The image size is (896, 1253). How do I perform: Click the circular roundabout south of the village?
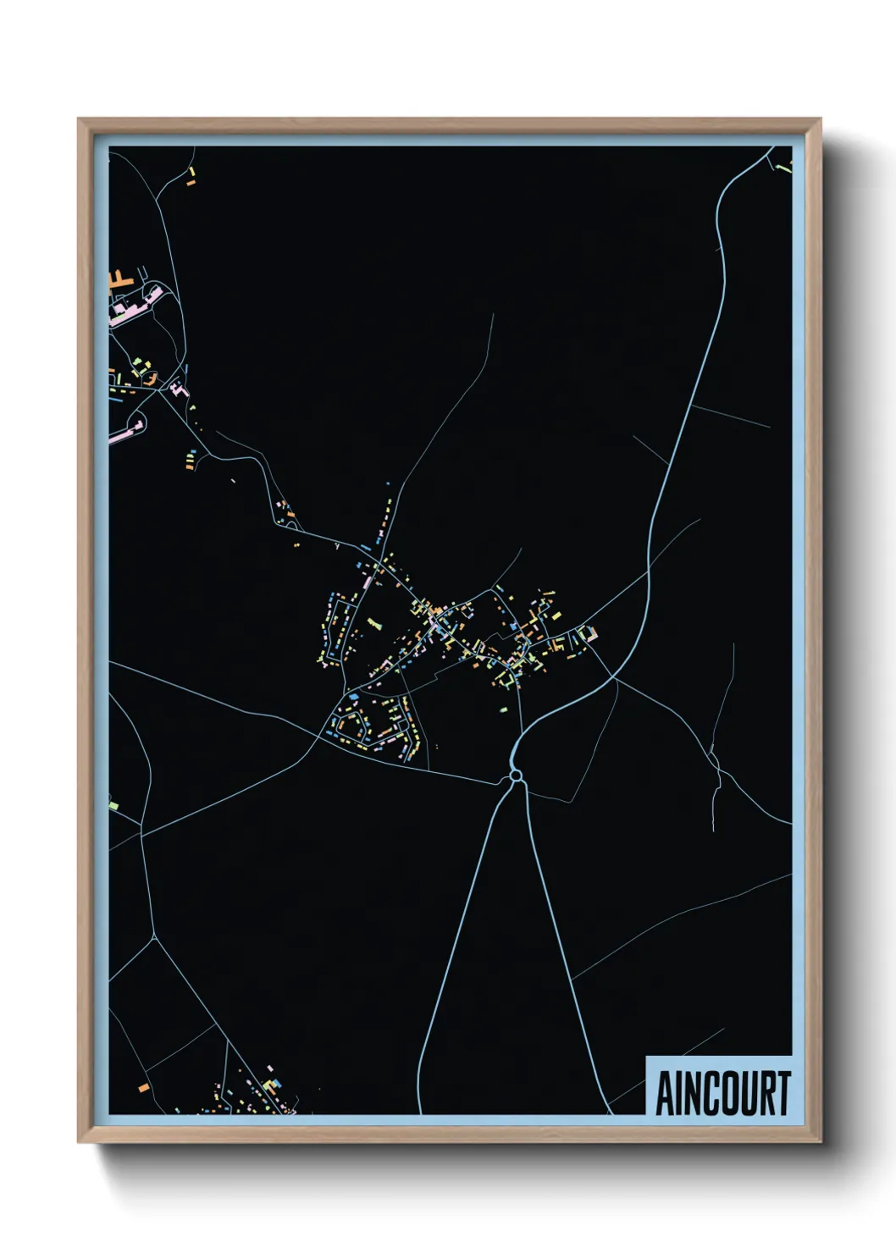[x=514, y=776]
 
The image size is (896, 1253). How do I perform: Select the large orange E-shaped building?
[x=119, y=279]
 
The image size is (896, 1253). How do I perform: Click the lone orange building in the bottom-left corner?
[x=144, y=1086]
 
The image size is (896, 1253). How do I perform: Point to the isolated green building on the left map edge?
[x=112, y=802]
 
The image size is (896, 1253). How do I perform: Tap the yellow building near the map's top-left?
[x=191, y=174]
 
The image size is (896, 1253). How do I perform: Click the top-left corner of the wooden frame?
[x=78, y=119]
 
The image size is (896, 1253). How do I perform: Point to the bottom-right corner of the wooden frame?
[x=821, y=1142]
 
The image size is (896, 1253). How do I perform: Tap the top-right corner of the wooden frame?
[x=821, y=119]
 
